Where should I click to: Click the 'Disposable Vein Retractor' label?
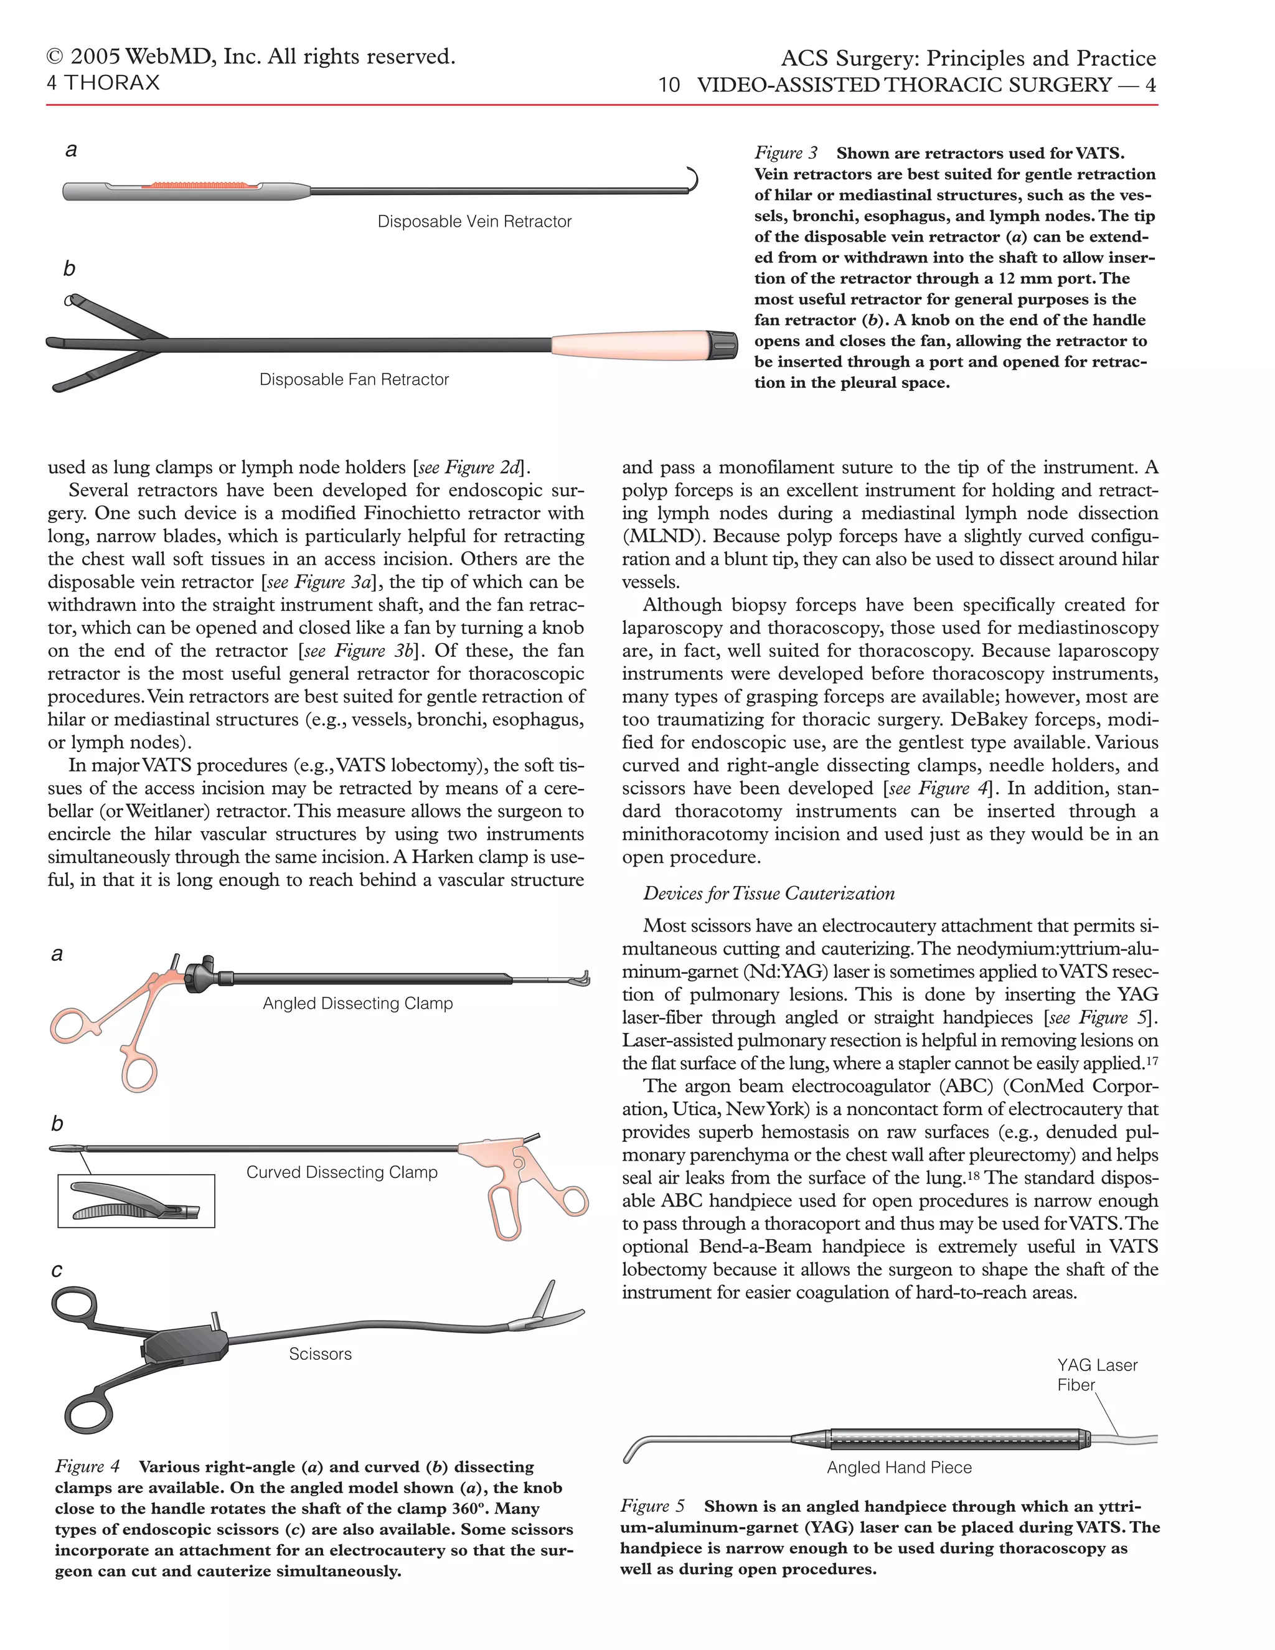[474, 222]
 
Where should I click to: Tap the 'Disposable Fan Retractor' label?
[354, 379]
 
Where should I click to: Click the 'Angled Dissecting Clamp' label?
[357, 1003]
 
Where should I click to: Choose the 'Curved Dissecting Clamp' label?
[341, 1172]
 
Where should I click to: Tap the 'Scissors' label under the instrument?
[320, 1354]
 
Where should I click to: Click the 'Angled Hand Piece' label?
[899, 1467]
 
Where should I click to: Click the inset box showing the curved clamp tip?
[136, 1200]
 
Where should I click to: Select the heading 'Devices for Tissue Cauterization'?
[768, 893]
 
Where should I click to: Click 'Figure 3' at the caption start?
[786, 153]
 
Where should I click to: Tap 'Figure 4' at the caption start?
[87, 1466]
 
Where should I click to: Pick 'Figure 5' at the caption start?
[652, 1506]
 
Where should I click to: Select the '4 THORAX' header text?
[103, 82]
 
